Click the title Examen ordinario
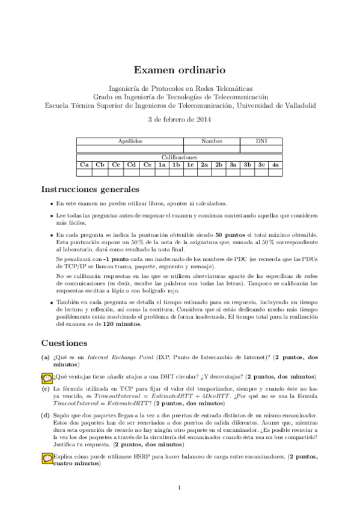(x=179, y=70)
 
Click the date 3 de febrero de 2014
(x=179, y=120)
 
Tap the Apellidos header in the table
(x=130, y=141)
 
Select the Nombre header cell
(x=212, y=141)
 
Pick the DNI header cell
(x=261, y=141)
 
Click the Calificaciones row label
(x=179, y=156)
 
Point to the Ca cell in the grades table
(x=84, y=164)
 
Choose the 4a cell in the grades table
(x=275, y=164)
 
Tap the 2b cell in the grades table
(x=219, y=164)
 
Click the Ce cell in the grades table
(x=147, y=164)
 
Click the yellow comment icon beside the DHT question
(x=47, y=377)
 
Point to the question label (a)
(x=46, y=357)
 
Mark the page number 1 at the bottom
(x=179, y=487)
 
